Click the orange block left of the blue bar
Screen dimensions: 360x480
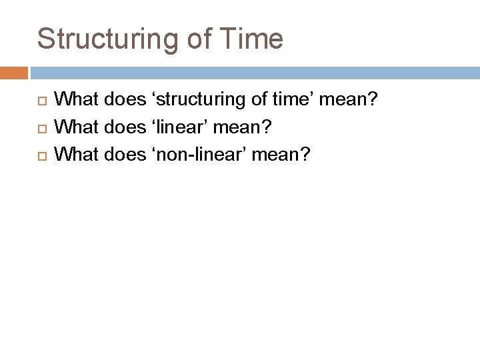click(13, 73)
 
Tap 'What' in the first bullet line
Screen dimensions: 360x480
click(75, 100)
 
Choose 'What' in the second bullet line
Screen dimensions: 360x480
click(75, 127)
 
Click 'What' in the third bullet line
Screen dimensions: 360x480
click(75, 154)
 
